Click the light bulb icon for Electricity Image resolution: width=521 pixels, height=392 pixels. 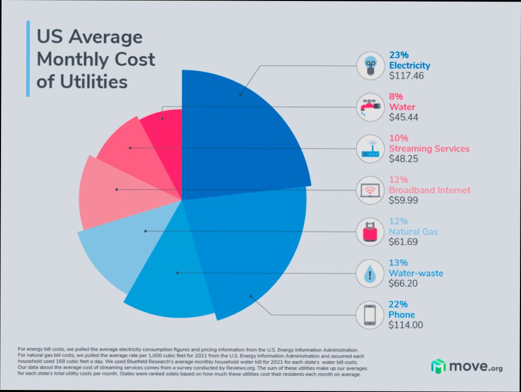(370, 66)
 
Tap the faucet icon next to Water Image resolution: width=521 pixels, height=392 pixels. (370, 107)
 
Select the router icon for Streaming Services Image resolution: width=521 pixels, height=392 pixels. (370, 149)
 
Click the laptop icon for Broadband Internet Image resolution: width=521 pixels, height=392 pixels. (370, 190)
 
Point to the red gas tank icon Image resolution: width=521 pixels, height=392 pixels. (370, 232)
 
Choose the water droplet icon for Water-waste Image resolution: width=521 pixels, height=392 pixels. (370, 274)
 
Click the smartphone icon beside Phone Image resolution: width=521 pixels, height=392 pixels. (370, 315)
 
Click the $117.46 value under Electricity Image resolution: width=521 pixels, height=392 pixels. (406, 76)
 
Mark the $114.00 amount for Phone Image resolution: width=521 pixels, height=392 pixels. (405, 325)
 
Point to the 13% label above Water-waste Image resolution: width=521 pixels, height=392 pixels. (398, 263)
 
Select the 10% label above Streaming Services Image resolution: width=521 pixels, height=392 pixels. (398, 138)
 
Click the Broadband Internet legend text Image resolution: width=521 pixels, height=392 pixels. (429, 190)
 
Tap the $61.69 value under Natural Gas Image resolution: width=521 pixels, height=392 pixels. (403, 242)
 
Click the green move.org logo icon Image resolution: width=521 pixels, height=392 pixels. (438, 366)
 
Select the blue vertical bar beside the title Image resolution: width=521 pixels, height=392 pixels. (28, 58)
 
